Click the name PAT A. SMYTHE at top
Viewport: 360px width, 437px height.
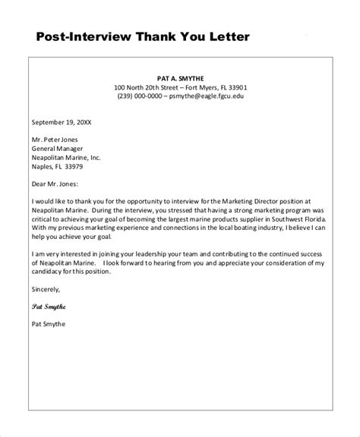tap(181, 77)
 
